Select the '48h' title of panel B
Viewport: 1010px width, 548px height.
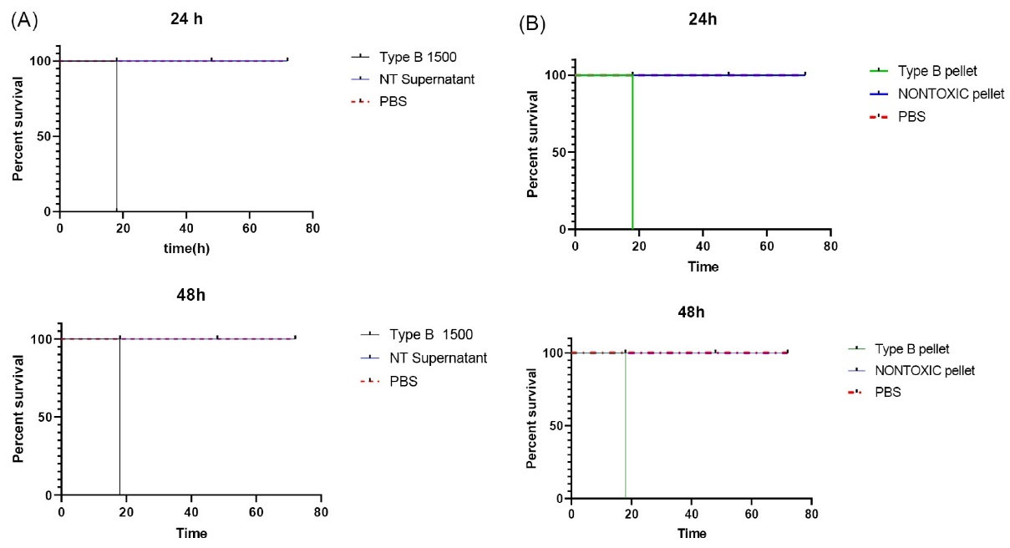point(692,312)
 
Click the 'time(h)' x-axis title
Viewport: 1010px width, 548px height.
point(185,248)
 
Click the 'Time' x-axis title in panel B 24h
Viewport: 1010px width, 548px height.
point(703,266)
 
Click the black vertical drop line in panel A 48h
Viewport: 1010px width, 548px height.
point(119,418)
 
